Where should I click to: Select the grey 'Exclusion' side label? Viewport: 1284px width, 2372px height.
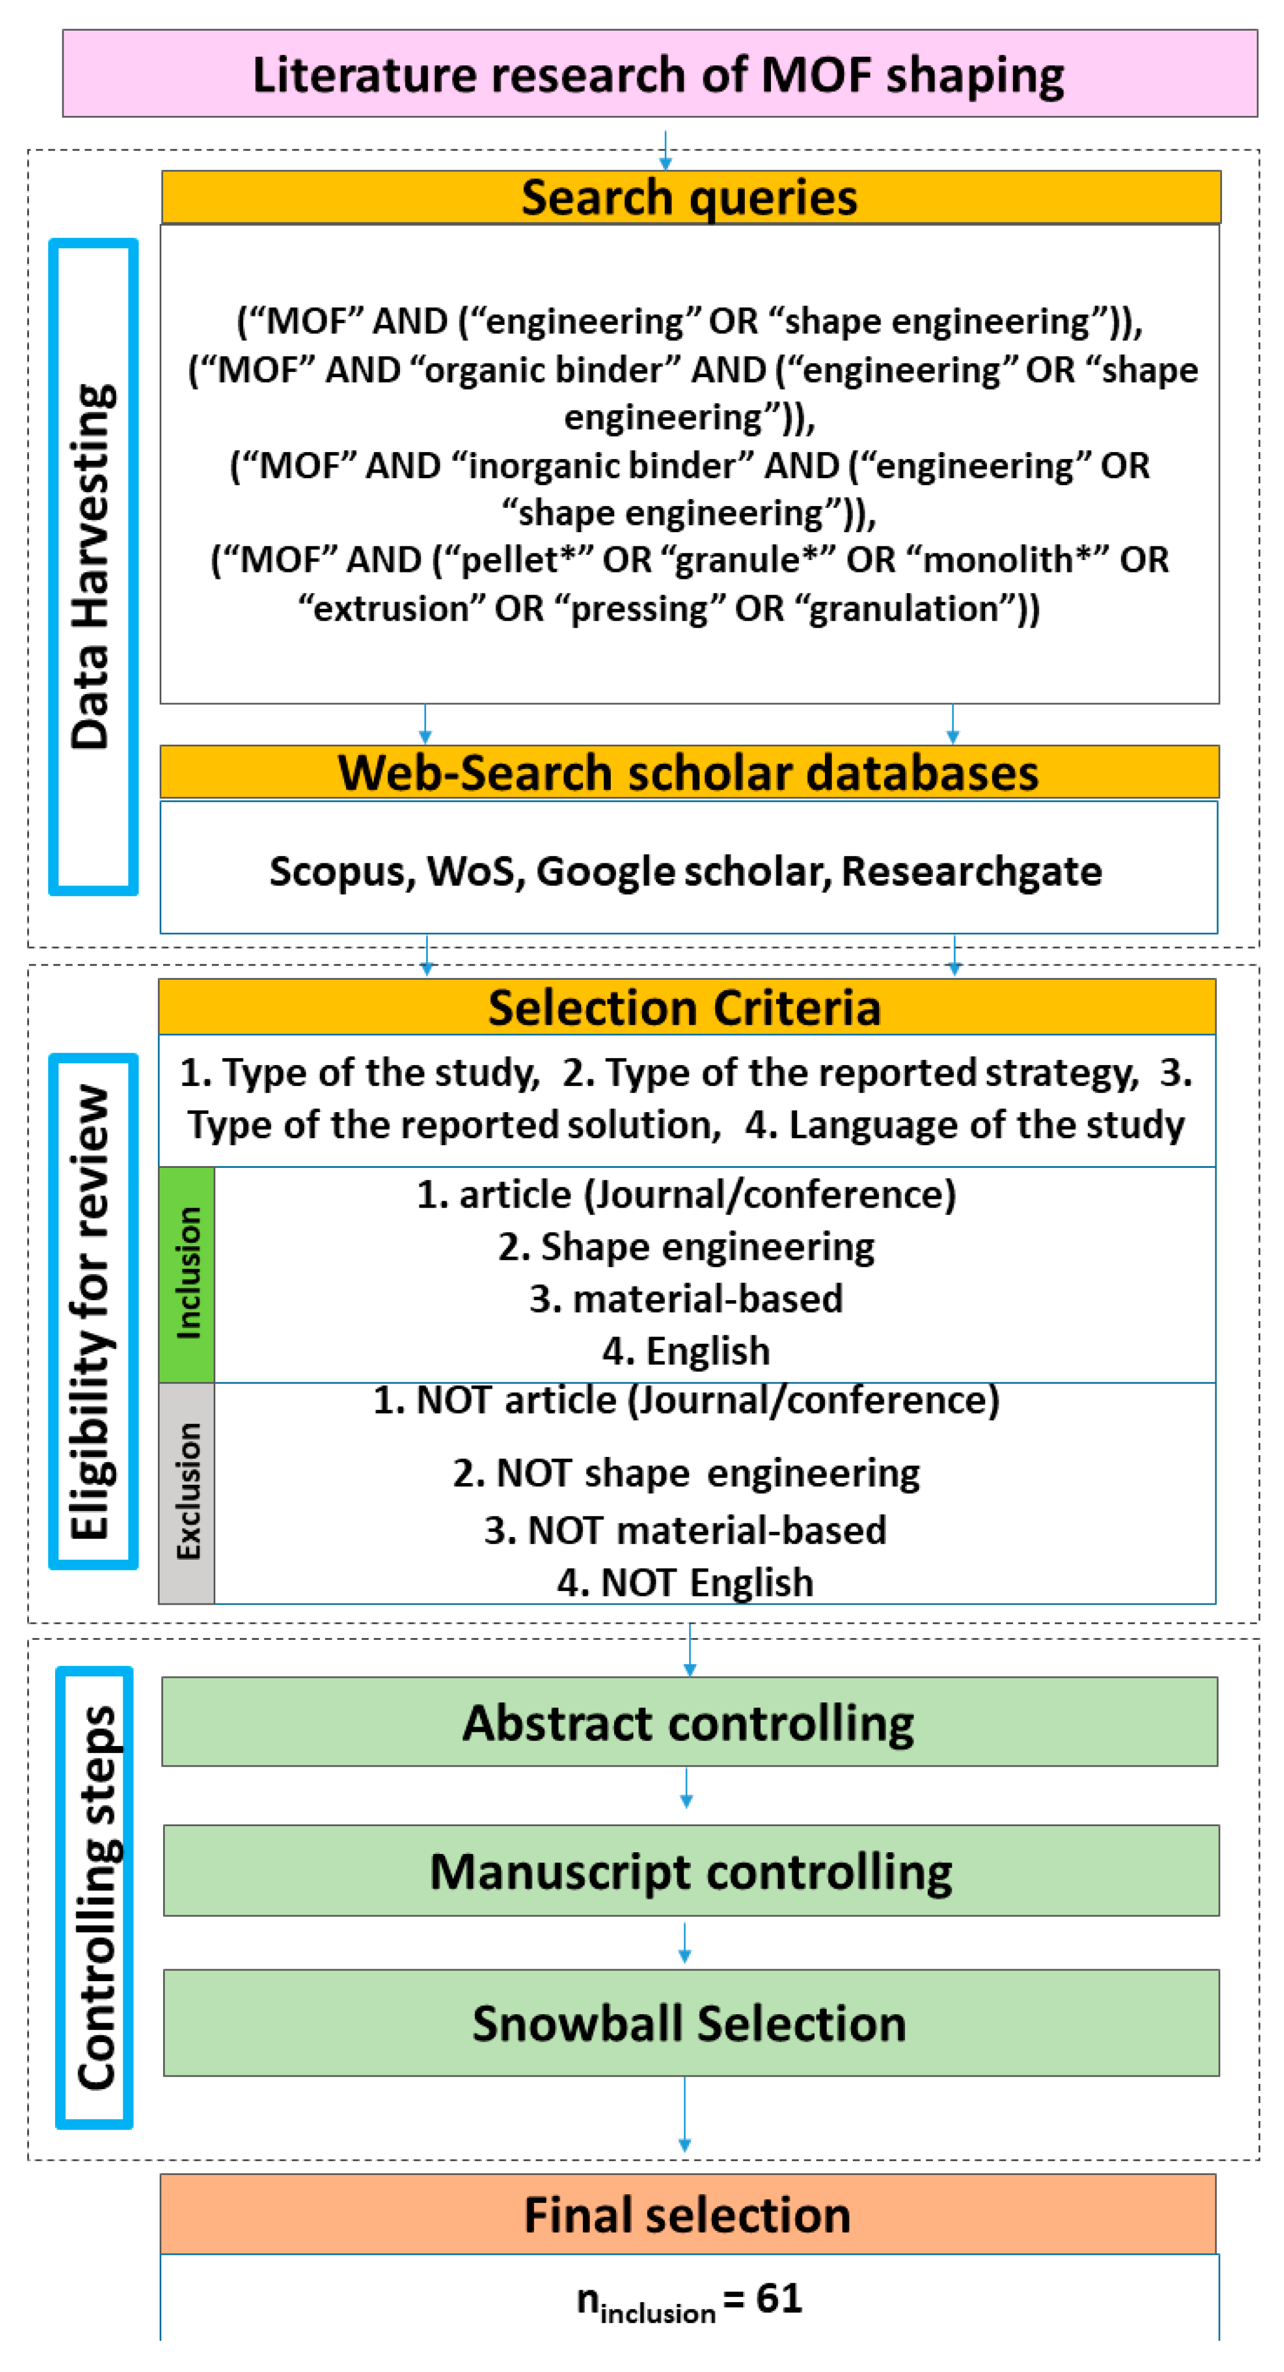(x=187, y=1492)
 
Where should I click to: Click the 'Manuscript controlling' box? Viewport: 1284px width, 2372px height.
(x=691, y=1871)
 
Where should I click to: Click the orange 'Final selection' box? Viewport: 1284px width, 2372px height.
(x=687, y=2215)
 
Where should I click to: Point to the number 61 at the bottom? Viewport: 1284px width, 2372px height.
(x=778, y=2298)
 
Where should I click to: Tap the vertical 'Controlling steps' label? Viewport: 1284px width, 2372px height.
(x=95, y=1898)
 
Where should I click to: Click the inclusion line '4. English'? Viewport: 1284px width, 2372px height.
(x=686, y=1351)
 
